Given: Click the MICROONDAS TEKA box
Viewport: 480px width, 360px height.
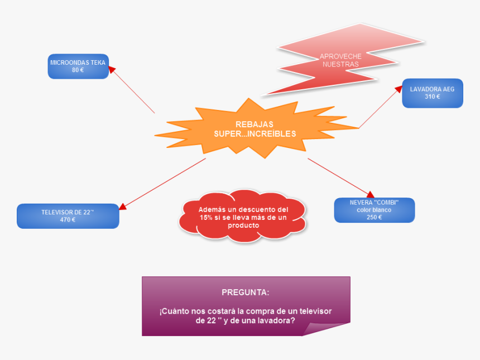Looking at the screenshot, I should pyautogui.click(x=78, y=66).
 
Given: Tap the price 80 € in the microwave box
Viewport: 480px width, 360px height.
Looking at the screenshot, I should pyautogui.click(x=78, y=70).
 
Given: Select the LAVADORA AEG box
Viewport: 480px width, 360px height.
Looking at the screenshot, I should pyautogui.click(x=432, y=93).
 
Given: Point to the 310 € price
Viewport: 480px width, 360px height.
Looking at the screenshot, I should pyautogui.click(x=432, y=97).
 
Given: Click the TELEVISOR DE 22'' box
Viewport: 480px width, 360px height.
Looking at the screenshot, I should pyautogui.click(x=68, y=216).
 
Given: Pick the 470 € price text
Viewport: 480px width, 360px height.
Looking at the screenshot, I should pyautogui.click(x=68, y=220).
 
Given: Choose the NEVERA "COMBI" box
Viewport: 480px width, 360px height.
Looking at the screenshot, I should pyautogui.click(x=374, y=210).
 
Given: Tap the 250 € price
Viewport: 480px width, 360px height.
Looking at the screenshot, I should pyautogui.click(x=374, y=218).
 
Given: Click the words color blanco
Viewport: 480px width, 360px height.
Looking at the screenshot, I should pyautogui.click(x=374, y=210).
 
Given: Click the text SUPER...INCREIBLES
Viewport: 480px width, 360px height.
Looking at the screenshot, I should pyautogui.click(x=255, y=134).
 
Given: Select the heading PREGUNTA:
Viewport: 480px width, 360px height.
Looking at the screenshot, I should pyautogui.click(x=245, y=292).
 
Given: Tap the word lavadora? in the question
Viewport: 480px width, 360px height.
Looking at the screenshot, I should pyautogui.click(x=276, y=321).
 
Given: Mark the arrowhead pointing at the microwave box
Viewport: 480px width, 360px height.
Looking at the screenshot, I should pyautogui.click(x=111, y=69).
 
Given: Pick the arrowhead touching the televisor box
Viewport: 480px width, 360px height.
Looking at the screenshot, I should pyautogui.click(x=122, y=207).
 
